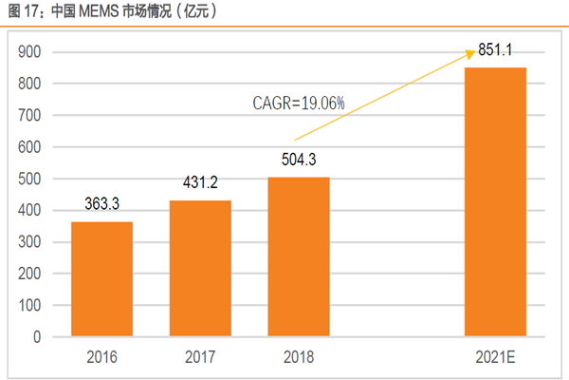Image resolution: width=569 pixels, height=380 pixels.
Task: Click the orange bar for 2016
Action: (x=101, y=278)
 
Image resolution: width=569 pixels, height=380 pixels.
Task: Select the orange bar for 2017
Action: (x=200, y=268)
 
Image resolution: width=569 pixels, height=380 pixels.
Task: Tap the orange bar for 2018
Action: (x=299, y=256)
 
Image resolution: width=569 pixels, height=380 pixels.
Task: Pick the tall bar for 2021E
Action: (x=495, y=201)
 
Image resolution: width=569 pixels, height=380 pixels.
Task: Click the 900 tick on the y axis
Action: (x=30, y=52)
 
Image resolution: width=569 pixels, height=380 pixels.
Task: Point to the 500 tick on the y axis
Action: (x=30, y=179)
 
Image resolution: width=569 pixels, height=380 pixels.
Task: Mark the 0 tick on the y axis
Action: (x=38, y=337)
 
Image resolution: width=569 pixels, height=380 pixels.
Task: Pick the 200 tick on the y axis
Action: (x=30, y=274)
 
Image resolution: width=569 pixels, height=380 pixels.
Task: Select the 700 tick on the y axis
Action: (x=30, y=116)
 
